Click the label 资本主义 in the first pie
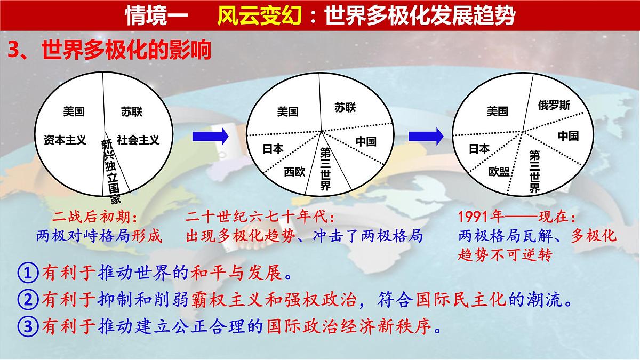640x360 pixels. (65, 140)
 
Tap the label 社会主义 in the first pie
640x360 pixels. (138, 140)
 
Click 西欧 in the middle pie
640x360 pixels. (294, 172)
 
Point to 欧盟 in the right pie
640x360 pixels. (499, 172)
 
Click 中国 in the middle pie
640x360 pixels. (366, 141)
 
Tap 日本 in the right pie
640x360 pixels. (479, 149)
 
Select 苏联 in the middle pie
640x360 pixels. (345, 108)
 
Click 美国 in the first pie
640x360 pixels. (74, 112)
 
